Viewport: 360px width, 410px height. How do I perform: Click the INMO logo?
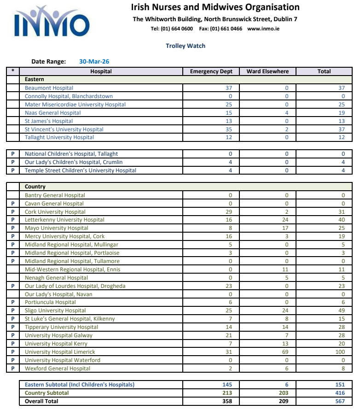(52, 22)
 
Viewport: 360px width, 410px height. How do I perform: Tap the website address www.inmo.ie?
(263, 29)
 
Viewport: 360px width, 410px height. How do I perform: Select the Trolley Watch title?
(186, 46)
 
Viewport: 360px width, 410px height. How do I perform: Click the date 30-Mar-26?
(94, 61)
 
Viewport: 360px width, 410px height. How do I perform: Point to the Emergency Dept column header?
(211, 71)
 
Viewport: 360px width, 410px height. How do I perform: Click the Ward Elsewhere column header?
(267, 71)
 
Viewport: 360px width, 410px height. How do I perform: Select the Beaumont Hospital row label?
(49, 88)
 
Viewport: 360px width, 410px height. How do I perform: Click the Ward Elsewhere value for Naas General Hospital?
(286, 113)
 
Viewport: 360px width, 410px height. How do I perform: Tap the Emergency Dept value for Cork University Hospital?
(229, 212)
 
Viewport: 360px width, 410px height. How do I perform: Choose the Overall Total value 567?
(340, 401)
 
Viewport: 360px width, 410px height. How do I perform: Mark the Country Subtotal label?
(46, 393)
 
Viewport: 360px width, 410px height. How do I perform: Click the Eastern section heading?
(35, 80)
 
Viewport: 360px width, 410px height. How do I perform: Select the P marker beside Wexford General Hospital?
(13, 369)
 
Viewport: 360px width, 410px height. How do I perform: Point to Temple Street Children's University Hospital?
(81, 170)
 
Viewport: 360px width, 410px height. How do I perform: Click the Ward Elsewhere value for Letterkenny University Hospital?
(286, 220)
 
